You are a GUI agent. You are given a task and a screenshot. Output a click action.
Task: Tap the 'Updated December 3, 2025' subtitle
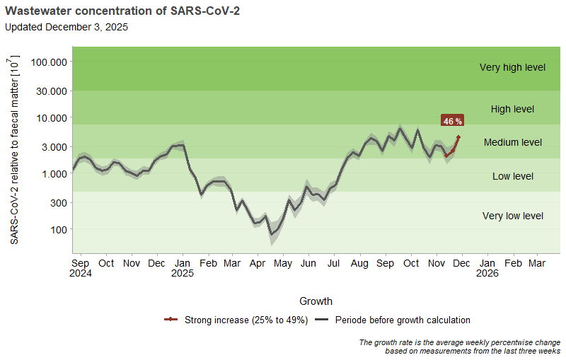67,27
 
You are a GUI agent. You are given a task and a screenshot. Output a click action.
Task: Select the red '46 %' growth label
452,121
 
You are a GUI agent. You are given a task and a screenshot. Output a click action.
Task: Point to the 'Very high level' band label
512,68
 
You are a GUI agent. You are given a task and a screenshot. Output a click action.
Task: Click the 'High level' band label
512,110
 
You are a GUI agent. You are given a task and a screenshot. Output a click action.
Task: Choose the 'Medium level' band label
512,143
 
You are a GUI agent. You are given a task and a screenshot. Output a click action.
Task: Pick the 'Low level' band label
512,176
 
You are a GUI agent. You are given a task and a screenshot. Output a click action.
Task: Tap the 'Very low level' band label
512,216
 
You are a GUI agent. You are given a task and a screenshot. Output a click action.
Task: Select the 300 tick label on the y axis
57,203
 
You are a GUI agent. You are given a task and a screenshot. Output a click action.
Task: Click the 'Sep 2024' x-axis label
81,268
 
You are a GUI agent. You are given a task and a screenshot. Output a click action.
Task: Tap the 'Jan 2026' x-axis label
487,268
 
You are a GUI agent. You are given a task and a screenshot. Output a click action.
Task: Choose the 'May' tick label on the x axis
283,264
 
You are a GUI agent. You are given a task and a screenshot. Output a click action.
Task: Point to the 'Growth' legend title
316,301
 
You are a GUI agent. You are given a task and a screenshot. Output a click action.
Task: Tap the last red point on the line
458,137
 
